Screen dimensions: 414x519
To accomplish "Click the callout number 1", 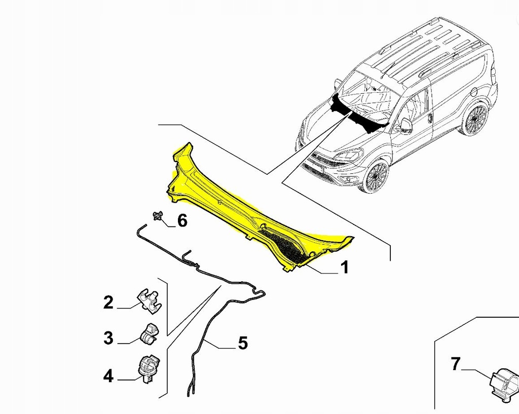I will click(x=344, y=267).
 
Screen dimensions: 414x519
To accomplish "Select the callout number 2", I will click(x=108, y=303).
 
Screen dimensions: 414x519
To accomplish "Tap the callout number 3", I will click(x=108, y=338).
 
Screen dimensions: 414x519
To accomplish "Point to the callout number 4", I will click(x=108, y=375).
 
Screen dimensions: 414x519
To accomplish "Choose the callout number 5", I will click(x=243, y=343).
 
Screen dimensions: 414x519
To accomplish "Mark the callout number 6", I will click(x=181, y=220).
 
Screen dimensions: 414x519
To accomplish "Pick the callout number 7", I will click(x=456, y=363).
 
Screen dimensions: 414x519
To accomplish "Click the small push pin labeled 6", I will click(x=158, y=216).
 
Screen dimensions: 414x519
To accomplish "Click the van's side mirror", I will click(x=406, y=126).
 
